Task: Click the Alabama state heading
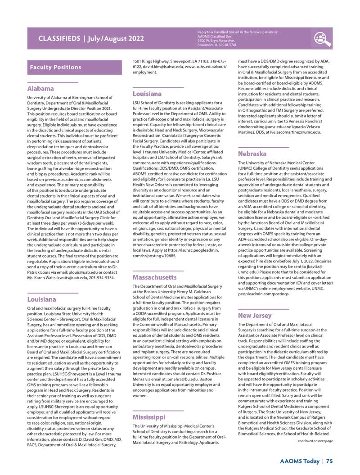tap(40, 89)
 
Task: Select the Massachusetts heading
tap(154, 277)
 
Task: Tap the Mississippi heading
tap(148, 417)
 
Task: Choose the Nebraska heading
tap(252, 154)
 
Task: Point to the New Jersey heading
tap(255, 316)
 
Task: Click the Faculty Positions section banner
tap(56, 67)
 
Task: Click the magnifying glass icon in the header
tap(323, 39)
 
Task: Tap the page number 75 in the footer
tap(329, 461)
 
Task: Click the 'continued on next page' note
tap(315, 441)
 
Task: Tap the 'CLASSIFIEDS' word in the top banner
tap(57, 39)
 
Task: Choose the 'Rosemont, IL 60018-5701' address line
tap(217, 45)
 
